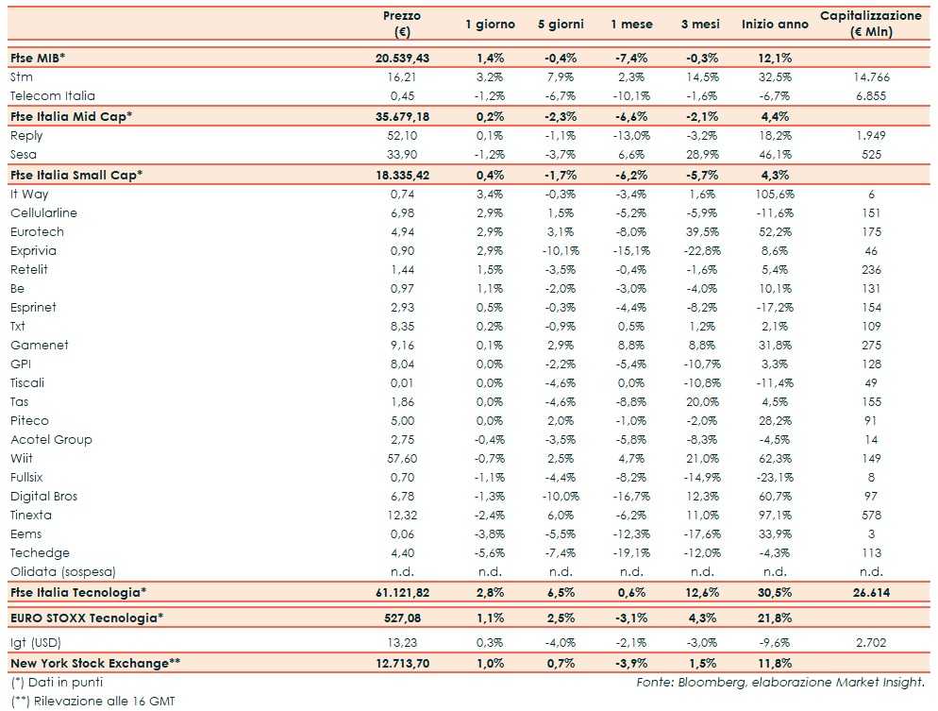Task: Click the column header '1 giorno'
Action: tap(489, 25)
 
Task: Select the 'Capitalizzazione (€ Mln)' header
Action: tap(870, 24)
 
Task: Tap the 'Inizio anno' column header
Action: tap(775, 25)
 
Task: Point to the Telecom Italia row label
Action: tap(52, 95)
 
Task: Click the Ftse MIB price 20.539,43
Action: tap(402, 58)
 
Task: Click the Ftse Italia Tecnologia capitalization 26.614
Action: tap(870, 592)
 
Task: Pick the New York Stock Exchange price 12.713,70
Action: tap(402, 663)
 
